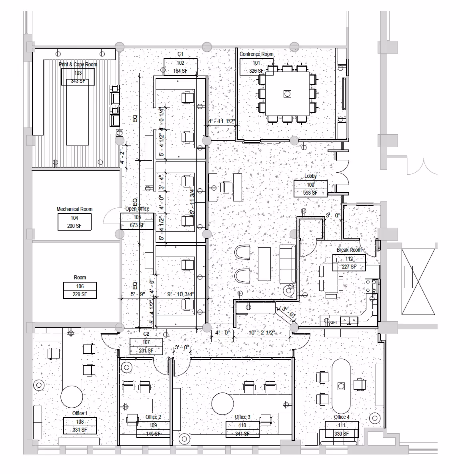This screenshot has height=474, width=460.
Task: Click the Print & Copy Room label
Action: point(78,64)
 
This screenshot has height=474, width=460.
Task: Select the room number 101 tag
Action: point(256,63)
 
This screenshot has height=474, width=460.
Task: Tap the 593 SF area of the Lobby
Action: point(310,193)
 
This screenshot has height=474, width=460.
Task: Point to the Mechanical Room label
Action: point(74,209)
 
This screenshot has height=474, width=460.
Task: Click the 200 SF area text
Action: point(74,226)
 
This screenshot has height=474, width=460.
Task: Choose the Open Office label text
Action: point(137,209)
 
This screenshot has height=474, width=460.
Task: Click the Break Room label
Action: point(349,250)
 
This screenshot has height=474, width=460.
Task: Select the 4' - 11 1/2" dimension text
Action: point(220,121)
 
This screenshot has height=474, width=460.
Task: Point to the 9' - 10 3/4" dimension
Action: point(180,295)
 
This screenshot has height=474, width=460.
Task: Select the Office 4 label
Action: point(342,417)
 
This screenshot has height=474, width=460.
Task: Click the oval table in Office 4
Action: point(341,386)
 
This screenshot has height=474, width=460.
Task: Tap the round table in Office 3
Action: point(222,404)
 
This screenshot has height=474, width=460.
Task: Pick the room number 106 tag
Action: point(80,286)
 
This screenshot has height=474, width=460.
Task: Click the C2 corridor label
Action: point(146,334)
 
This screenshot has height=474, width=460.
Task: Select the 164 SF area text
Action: point(180,71)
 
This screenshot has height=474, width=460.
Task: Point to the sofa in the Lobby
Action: point(287,264)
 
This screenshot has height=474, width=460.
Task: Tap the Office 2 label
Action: point(153,417)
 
